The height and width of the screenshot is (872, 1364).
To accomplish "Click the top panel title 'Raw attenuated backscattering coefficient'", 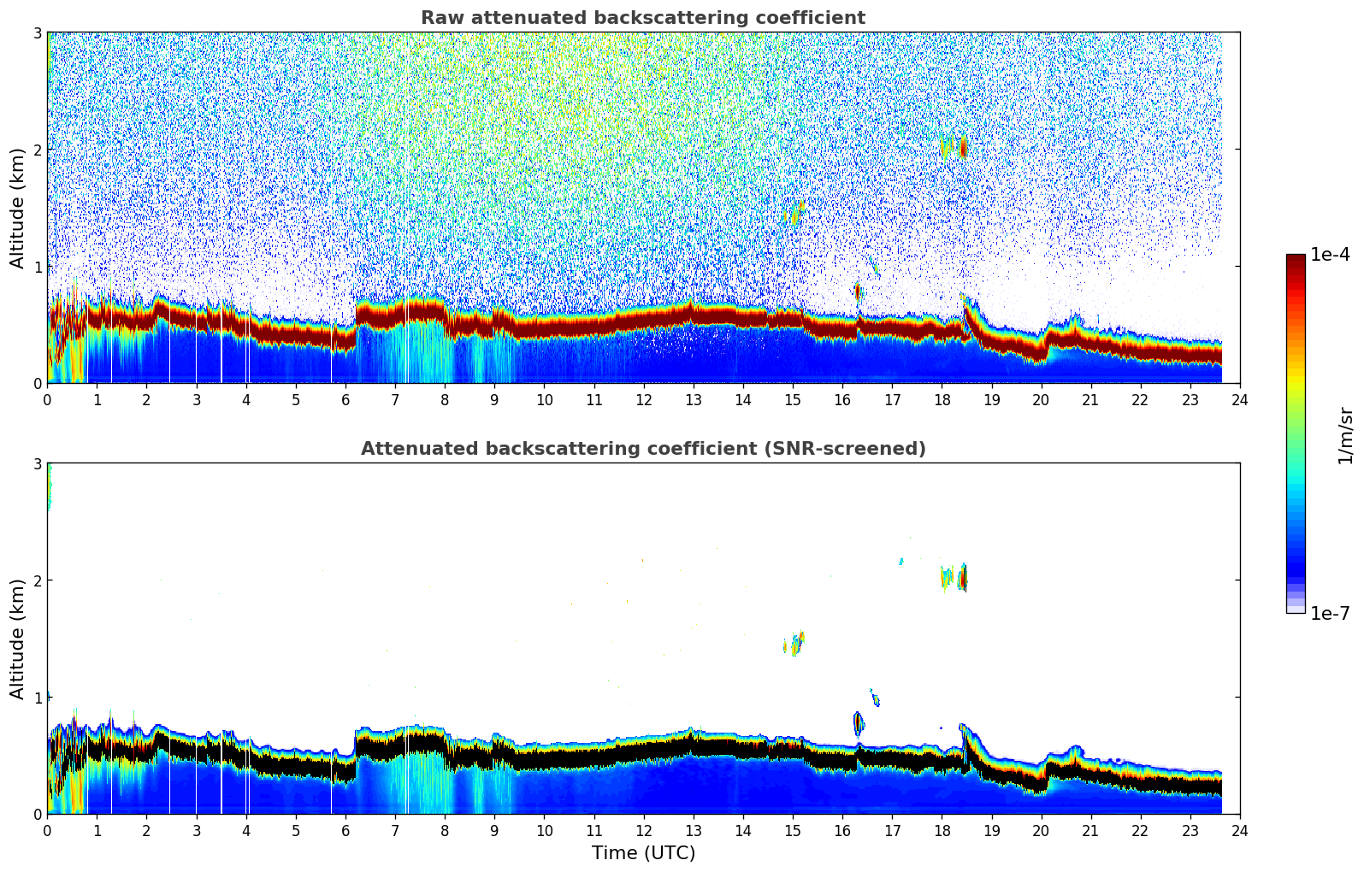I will [643, 18].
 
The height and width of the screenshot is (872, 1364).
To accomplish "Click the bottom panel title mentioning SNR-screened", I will [643, 449].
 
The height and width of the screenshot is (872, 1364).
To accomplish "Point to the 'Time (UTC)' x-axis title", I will [643, 853].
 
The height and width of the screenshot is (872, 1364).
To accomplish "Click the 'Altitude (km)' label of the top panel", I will [18, 208].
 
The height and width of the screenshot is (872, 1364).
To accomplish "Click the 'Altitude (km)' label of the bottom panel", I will [18, 639].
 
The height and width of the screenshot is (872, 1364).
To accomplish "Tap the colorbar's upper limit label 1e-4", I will [1330, 255].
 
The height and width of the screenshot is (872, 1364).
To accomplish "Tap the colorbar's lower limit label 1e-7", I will [1330, 614].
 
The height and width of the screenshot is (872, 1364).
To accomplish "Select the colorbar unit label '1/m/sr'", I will [1345, 435].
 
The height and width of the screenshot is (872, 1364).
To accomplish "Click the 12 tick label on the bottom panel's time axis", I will [643, 831].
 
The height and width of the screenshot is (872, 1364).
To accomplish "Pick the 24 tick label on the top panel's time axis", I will [1239, 400].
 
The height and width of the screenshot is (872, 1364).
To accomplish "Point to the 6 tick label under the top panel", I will [345, 400].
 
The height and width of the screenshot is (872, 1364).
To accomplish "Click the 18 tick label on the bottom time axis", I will [942, 831].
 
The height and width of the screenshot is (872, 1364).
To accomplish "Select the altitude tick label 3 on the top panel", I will [38, 32].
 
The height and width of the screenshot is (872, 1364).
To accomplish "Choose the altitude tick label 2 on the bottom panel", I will [38, 580].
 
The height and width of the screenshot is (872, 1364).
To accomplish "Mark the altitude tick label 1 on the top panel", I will [38, 267].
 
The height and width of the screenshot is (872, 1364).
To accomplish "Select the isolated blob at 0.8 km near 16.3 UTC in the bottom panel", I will [859, 724].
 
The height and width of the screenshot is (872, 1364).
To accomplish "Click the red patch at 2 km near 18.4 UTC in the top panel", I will [963, 149].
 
